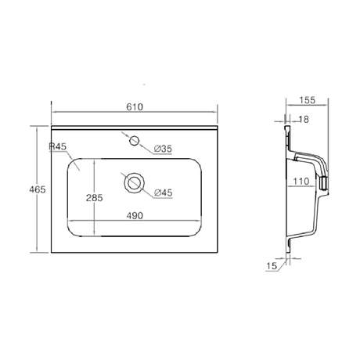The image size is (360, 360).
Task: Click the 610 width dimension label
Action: (135, 107)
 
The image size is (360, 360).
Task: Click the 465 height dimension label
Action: (38, 189)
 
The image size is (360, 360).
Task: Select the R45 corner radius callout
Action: (58, 146)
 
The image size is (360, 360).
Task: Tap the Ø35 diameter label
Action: (163, 149)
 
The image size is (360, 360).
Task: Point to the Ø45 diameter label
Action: (164, 193)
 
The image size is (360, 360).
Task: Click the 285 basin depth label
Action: (95, 198)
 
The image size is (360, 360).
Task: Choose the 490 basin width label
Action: (135, 216)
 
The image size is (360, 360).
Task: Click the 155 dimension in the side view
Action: (307, 100)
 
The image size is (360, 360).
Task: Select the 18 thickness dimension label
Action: (304, 120)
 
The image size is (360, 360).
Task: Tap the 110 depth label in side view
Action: (301, 181)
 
